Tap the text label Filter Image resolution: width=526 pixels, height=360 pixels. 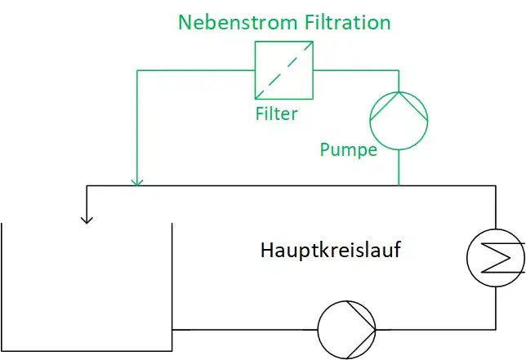[x=276, y=113]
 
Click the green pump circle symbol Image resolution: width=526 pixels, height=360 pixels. [x=398, y=120]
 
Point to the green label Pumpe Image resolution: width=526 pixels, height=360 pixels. [x=348, y=149]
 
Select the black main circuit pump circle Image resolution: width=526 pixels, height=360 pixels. [x=346, y=329]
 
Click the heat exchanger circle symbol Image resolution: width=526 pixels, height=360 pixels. [x=495, y=259]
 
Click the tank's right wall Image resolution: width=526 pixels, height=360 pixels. [x=172, y=278]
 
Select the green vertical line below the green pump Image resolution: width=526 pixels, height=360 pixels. [x=398, y=167]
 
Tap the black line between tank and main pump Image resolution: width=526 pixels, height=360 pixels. [x=245, y=329]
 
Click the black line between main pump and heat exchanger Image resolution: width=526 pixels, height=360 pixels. [x=437, y=329]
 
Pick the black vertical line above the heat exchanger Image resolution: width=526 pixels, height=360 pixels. [x=495, y=208]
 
